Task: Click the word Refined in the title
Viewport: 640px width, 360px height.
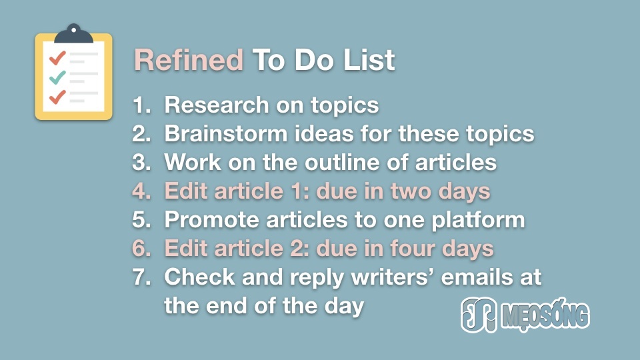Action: [x=189, y=60]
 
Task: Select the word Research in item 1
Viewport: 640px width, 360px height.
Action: [x=216, y=105]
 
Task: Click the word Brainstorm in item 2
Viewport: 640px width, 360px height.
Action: [x=226, y=133]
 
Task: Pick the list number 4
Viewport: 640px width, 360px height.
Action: [x=141, y=191]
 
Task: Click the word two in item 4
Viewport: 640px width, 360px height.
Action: [x=411, y=191]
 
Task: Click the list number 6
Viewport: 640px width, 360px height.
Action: [x=141, y=248]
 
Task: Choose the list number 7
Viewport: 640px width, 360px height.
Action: [x=141, y=277]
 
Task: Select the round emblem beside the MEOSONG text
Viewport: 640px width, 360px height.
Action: [x=479, y=315]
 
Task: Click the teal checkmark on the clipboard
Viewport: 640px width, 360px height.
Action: [x=57, y=77]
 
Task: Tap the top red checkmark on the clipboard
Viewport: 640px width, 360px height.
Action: [x=57, y=57]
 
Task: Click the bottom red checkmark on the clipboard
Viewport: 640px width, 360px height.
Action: [x=57, y=97]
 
